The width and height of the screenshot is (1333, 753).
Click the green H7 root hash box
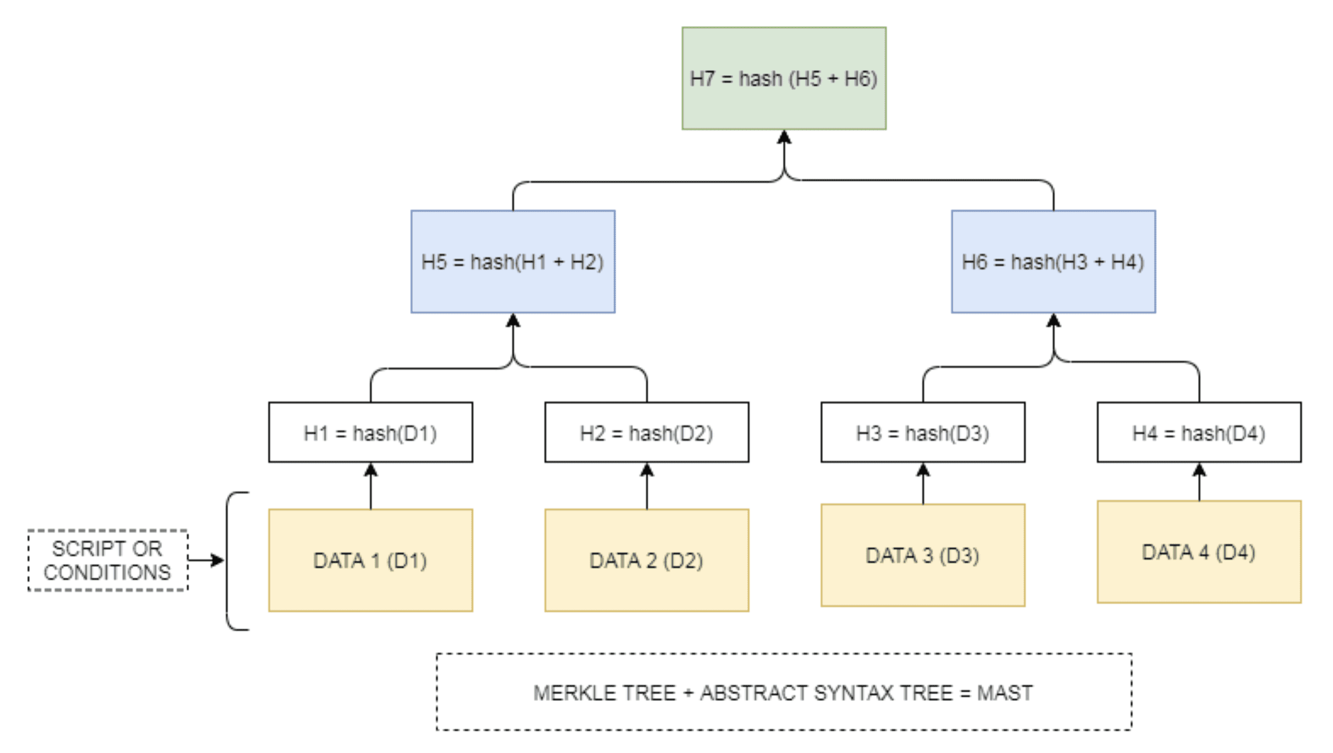(x=784, y=78)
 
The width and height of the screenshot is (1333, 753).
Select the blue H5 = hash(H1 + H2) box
(x=513, y=261)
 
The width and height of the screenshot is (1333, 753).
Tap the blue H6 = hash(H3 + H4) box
(x=1053, y=261)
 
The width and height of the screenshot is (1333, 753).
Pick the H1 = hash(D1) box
(x=371, y=432)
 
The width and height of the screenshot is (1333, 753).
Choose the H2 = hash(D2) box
(x=647, y=432)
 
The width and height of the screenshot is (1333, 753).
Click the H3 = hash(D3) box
(x=923, y=432)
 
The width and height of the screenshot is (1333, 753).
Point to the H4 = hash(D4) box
(x=1199, y=432)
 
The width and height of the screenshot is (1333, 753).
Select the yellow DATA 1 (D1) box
(x=371, y=560)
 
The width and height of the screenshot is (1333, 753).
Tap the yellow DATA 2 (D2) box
(x=647, y=560)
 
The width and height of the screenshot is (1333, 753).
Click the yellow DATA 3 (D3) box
(x=923, y=555)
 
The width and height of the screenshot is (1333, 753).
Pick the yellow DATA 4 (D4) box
(x=1199, y=552)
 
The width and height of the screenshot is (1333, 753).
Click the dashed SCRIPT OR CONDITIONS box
(x=108, y=560)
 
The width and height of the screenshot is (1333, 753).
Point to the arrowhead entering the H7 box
(x=784, y=137)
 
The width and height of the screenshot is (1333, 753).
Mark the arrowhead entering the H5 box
(x=513, y=320)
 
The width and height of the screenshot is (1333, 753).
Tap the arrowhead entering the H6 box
(x=1053, y=320)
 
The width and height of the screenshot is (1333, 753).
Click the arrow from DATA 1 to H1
(x=371, y=486)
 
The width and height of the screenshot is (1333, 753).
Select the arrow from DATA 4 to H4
(x=1199, y=482)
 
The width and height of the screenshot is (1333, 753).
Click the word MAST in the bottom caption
(x=1005, y=693)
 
